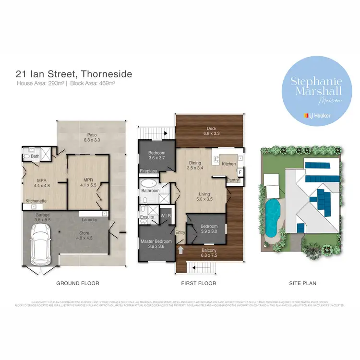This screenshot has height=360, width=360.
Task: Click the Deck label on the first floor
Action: pyautogui.click(x=212, y=131)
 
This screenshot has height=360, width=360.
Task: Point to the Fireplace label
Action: pyautogui.click(x=148, y=171)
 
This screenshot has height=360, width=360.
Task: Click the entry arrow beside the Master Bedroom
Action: pyautogui.click(x=180, y=250)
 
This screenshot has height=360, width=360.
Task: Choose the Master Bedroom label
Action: pyautogui.click(x=153, y=244)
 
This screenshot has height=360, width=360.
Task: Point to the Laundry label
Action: pyautogui.click(x=90, y=220)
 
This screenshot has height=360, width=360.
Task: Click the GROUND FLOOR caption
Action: pyautogui.click(x=78, y=284)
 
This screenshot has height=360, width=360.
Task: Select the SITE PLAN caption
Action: pyautogui.click(x=302, y=284)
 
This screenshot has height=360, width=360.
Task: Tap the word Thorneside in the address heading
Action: pyautogui.click(x=107, y=74)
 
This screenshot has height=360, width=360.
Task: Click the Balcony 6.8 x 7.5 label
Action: pyautogui.click(x=208, y=252)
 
